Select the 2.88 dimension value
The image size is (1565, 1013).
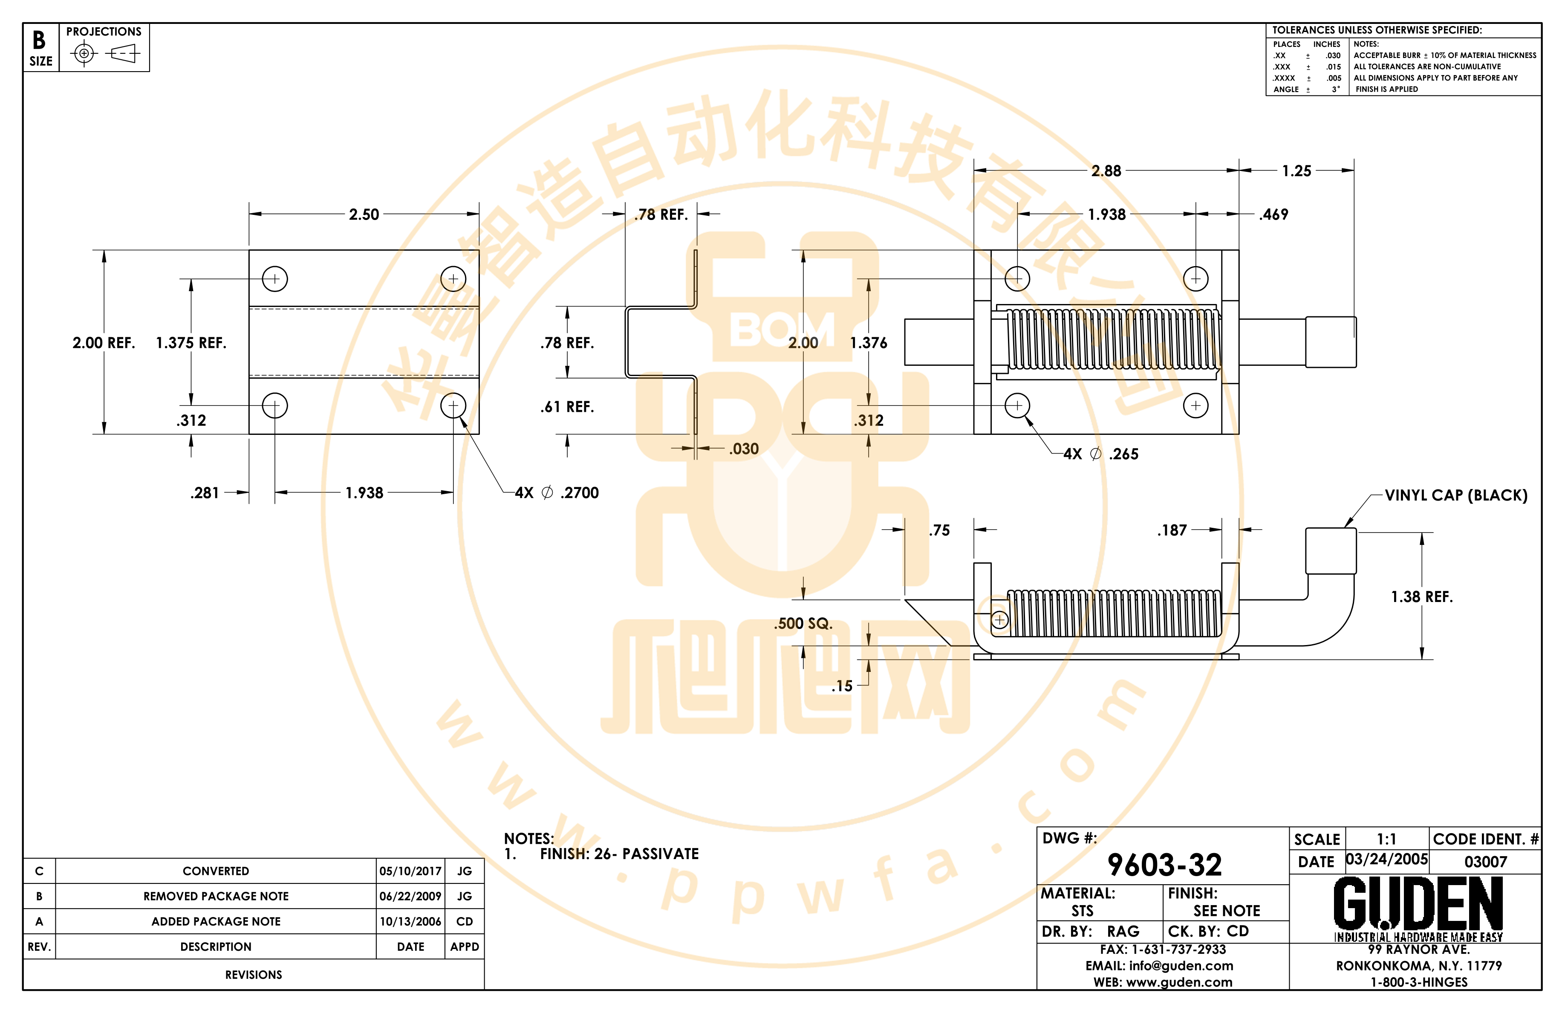tap(1106, 171)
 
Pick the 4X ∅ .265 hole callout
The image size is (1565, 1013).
tap(1101, 454)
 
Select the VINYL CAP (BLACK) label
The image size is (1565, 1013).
tap(1456, 495)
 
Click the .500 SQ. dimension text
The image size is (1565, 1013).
tap(803, 624)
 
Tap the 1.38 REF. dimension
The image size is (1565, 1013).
tap(1422, 596)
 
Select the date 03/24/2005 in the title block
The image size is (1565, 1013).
tap(1387, 859)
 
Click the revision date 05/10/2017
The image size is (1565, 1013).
tap(410, 871)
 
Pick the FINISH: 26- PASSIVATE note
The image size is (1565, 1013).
tap(619, 854)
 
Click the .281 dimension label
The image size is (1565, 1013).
tap(205, 493)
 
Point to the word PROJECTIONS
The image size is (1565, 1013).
tap(104, 32)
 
